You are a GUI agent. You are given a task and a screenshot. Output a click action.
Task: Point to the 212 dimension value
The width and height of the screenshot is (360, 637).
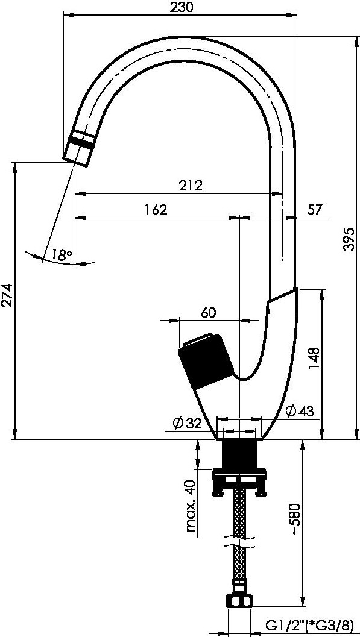click(x=191, y=186)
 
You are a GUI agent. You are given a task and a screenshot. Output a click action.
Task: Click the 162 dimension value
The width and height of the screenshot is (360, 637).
click(x=156, y=210)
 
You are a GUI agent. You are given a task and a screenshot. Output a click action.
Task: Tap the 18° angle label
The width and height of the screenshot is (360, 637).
click(x=62, y=255)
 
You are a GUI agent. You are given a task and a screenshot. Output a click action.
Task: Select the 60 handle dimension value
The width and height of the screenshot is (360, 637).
click(x=208, y=312)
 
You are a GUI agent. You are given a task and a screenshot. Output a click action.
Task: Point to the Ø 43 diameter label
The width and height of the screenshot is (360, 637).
click(x=300, y=412)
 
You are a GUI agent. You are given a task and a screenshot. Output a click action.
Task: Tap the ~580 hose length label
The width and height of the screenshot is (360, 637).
click(x=295, y=520)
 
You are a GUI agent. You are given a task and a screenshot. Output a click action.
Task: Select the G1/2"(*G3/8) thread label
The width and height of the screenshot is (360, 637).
click(x=309, y=624)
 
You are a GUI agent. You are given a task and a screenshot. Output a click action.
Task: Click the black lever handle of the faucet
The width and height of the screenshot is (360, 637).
click(x=206, y=361)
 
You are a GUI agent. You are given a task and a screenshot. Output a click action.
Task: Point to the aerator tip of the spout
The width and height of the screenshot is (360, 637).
click(x=78, y=149)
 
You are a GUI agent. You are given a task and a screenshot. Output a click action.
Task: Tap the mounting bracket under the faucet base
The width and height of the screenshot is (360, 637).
click(x=239, y=482)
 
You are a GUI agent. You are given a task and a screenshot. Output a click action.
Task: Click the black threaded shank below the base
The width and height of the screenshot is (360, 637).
click(x=240, y=454)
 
